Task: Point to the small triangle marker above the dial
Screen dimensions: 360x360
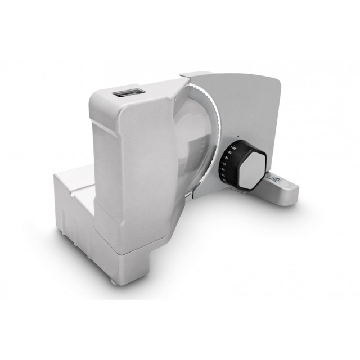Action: pos(238,137)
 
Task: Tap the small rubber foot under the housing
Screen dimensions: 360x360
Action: pos(137,263)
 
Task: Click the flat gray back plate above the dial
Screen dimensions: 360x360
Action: pos(247,107)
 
